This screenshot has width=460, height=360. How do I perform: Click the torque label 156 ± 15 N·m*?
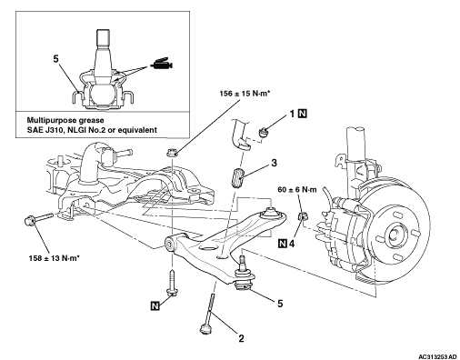tap(245, 94)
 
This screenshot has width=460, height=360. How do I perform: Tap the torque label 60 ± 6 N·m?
tap(297, 190)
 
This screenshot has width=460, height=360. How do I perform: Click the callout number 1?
tap(292, 114)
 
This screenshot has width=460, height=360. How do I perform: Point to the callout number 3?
tap(274, 163)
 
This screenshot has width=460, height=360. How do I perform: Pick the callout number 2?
tap(241, 338)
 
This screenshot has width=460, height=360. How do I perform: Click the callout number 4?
tap(292, 244)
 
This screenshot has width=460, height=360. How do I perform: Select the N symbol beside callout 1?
tap(303, 114)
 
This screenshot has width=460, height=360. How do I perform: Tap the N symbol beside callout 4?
tap(283, 244)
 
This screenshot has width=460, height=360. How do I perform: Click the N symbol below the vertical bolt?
tap(155, 305)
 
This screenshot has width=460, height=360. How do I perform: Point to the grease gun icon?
tap(161, 64)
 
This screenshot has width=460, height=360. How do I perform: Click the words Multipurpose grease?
tap(65, 120)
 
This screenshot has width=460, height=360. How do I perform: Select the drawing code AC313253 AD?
tap(438, 356)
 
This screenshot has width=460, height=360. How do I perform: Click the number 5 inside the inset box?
tap(55, 59)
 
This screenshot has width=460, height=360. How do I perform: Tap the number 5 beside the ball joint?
tap(280, 303)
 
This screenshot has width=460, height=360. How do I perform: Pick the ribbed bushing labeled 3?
tap(237, 177)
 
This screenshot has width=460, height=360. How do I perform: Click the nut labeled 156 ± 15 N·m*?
tap(172, 152)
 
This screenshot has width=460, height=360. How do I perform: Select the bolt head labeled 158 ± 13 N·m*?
tap(30, 220)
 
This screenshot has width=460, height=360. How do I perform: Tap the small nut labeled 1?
tap(264, 132)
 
